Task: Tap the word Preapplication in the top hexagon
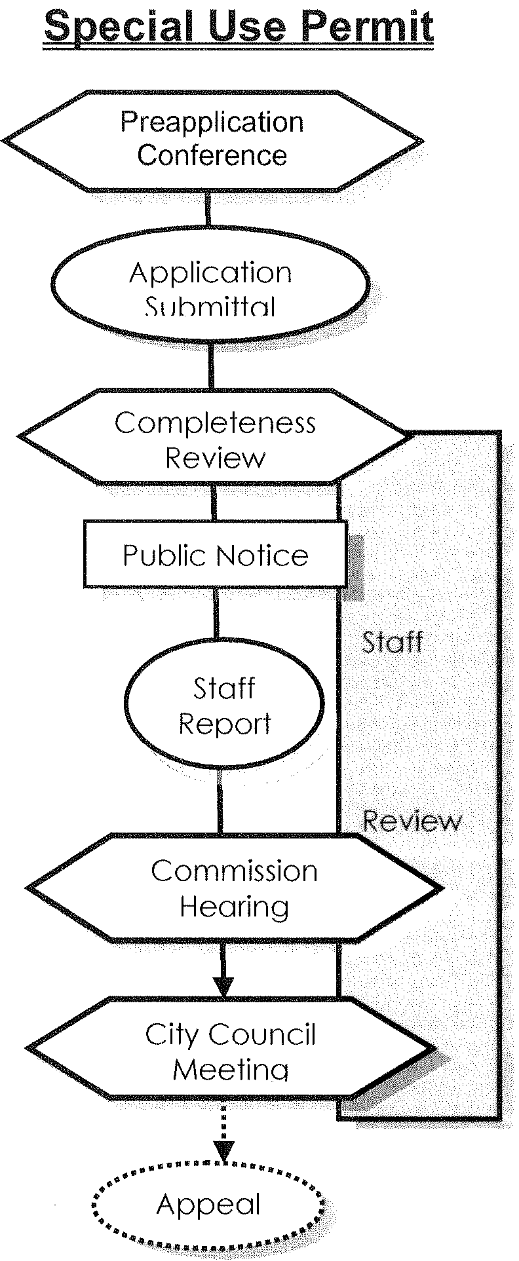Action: pyautogui.click(x=212, y=122)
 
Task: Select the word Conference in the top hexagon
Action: pyautogui.click(x=212, y=156)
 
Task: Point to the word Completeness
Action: pyautogui.click(x=215, y=423)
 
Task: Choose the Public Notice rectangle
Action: pyautogui.click(x=215, y=554)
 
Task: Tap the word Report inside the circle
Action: pyautogui.click(x=224, y=724)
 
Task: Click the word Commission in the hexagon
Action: pyautogui.click(x=234, y=871)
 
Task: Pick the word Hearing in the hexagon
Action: pyautogui.click(x=234, y=907)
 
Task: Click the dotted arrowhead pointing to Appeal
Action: pyautogui.click(x=224, y=1151)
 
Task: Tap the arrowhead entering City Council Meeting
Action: pyautogui.click(x=223, y=987)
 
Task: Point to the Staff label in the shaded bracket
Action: pyautogui.click(x=392, y=642)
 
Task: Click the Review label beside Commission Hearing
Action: pyautogui.click(x=412, y=821)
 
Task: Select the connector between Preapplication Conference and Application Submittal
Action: pyautogui.click(x=209, y=208)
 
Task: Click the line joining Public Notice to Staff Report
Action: pyautogui.click(x=216, y=612)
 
